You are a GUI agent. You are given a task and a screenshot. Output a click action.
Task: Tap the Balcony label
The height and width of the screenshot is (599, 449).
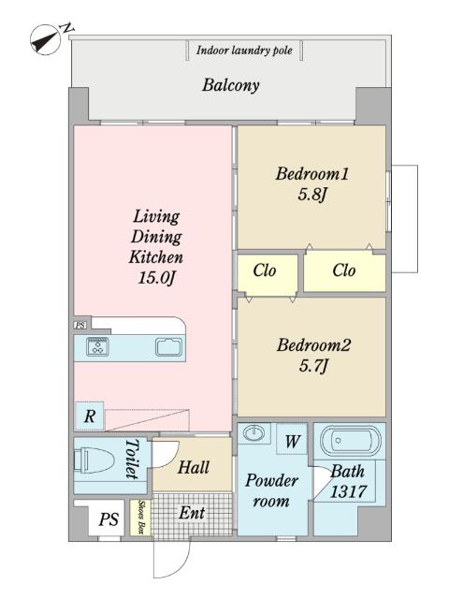coord(231,85)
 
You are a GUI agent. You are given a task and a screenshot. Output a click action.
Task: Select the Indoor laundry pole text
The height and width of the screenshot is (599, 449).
coord(244,50)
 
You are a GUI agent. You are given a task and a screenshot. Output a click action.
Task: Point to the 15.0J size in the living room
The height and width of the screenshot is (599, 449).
coord(156,277)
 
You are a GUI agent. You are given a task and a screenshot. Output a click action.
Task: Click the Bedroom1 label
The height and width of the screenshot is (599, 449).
coord(312,174)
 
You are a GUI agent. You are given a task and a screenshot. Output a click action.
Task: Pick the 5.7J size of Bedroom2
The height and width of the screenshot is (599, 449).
coord(313,366)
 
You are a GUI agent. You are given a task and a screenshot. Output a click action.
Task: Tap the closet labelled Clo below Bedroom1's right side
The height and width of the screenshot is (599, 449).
coord(344,270)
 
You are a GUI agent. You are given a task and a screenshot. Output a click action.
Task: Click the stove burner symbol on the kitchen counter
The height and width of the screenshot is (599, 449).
coord(97,347)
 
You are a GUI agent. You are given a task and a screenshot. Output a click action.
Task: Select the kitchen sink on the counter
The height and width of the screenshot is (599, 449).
coord(169,347)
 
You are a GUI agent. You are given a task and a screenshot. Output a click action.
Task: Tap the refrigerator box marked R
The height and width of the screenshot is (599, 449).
coord(90,416)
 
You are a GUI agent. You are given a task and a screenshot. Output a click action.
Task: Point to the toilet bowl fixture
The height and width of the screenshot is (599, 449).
coord(94,460)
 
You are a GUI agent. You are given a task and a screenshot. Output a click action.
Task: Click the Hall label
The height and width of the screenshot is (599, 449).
coord(194,467)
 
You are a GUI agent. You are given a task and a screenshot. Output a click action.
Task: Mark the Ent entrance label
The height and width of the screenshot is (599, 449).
coord(192,513)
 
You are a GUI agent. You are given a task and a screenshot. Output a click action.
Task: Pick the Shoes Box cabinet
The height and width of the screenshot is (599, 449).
coord(140,518)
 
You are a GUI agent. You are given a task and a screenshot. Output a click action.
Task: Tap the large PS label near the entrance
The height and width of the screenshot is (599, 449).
coord(109,519)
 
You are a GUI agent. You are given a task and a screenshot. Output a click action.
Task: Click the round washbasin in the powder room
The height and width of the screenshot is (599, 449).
coord(253,433)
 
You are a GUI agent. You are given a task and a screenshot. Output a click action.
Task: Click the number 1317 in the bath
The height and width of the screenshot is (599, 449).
coord(348,491)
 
